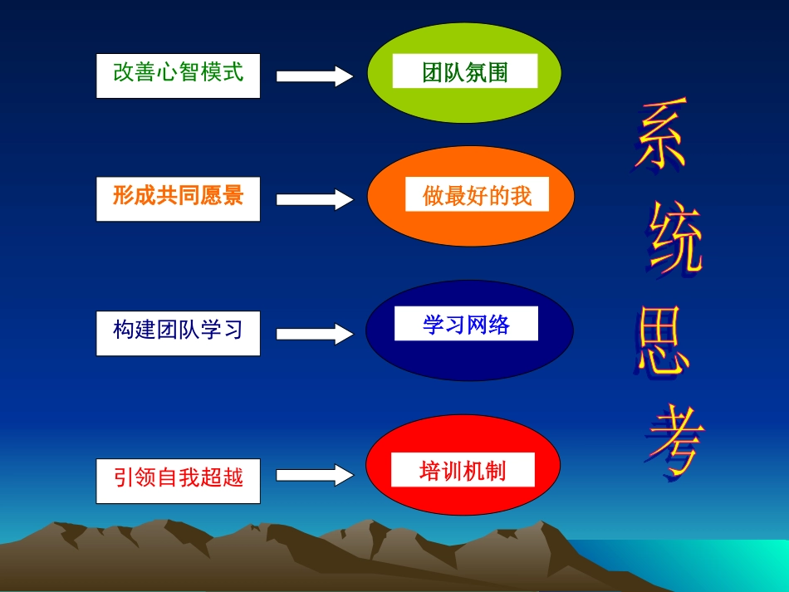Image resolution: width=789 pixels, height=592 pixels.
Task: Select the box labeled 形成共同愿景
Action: pyautogui.click(x=178, y=198)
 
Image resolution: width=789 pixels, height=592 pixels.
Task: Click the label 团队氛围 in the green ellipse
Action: pyautogui.click(x=464, y=73)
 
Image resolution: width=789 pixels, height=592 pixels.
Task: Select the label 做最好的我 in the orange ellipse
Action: pyautogui.click(x=477, y=196)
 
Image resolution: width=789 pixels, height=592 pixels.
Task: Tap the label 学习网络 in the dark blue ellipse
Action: pyautogui.click(x=466, y=325)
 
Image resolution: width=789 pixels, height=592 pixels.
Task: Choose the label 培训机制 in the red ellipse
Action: pyautogui.click(x=463, y=471)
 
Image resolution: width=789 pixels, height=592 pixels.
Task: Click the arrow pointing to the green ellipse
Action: pyautogui.click(x=315, y=76)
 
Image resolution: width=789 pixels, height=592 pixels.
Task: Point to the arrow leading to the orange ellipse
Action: pyautogui.click(x=315, y=199)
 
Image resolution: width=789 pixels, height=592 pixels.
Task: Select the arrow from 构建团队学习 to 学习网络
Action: pyautogui.click(x=315, y=334)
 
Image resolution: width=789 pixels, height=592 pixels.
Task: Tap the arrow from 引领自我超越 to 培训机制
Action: pyautogui.click(x=315, y=475)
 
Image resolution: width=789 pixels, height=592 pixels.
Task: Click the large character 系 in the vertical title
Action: pyautogui.click(x=661, y=138)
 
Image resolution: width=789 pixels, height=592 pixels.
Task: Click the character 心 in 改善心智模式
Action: pyautogui.click(x=167, y=72)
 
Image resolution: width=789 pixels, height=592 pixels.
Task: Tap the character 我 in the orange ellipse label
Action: pyautogui.click(x=521, y=197)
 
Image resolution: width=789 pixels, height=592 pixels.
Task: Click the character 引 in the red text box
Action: pyautogui.click(x=124, y=477)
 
